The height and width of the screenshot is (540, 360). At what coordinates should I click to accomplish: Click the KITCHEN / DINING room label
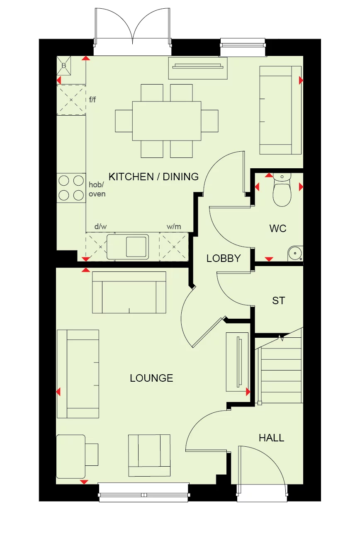153,177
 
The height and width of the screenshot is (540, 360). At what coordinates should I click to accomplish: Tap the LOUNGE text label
151,378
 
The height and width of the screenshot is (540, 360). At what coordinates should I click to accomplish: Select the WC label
277,228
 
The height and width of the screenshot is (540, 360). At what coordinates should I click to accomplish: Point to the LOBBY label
224,258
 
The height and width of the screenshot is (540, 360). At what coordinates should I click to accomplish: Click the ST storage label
278,300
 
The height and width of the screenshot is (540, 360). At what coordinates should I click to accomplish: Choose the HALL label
271,438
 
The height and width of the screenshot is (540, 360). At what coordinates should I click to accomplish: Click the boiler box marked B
64,65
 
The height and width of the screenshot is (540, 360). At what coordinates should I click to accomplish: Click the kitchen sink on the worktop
128,247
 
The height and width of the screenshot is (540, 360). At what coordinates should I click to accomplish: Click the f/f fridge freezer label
92,99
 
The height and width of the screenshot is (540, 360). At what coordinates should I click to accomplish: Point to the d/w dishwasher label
101,226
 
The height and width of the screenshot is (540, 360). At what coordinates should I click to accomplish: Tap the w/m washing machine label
174,226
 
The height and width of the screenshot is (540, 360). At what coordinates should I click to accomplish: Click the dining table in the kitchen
167,121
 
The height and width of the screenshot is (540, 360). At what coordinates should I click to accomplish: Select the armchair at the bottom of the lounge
149,455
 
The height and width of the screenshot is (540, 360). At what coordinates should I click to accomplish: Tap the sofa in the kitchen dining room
280,110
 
